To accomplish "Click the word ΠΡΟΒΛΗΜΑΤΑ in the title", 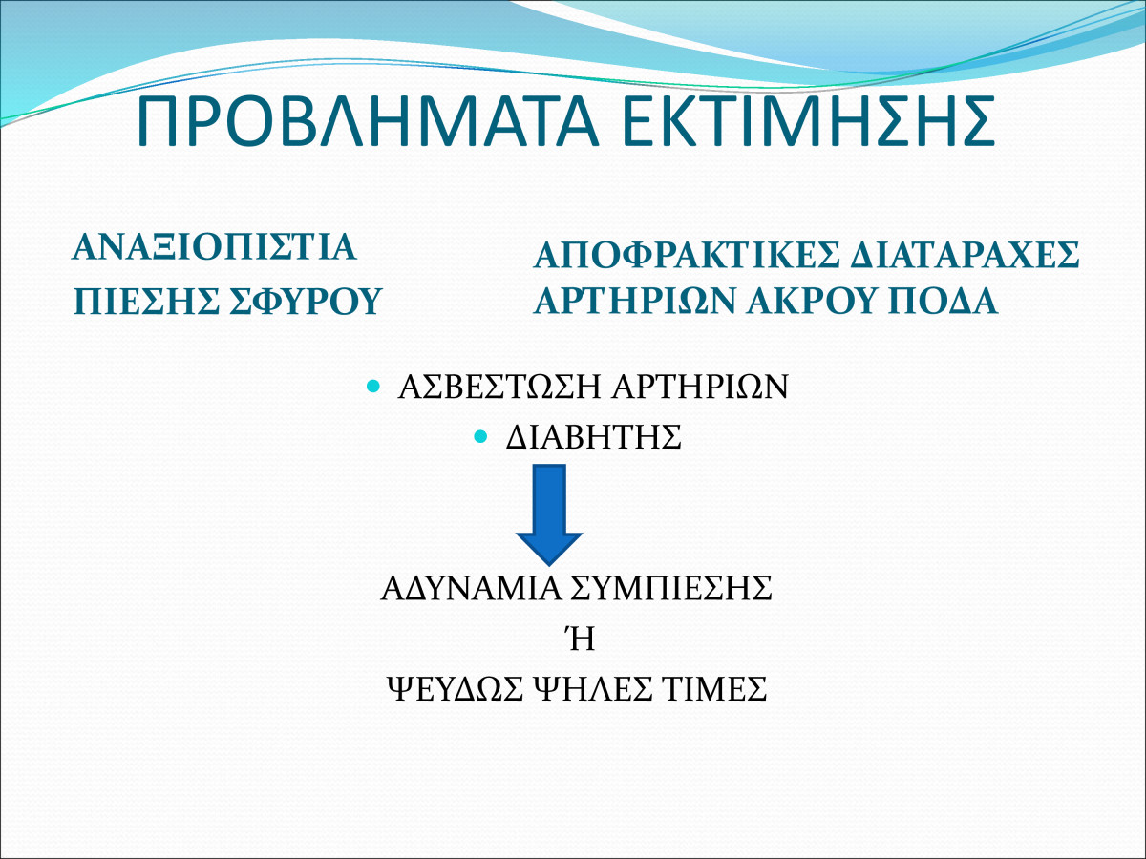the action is pyautogui.click(x=368, y=121).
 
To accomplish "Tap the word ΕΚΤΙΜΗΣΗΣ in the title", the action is pyautogui.click(x=809, y=121).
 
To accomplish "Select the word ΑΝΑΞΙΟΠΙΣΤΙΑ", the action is pyautogui.click(x=215, y=247).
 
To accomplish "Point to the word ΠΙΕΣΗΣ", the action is pyautogui.click(x=147, y=301).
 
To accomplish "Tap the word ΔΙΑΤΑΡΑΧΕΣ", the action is pyautogui.click(x=966, y=255).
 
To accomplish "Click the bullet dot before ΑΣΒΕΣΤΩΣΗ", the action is pyautogui.click(x=373, y=386).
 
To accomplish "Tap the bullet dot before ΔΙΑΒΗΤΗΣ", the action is pyautogui.click(x=480, y=436).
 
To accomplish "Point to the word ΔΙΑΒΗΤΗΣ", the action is pyautogui.click(x=594, y=436).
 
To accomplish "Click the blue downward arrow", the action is pyautogui.click(x=549, y=514).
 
